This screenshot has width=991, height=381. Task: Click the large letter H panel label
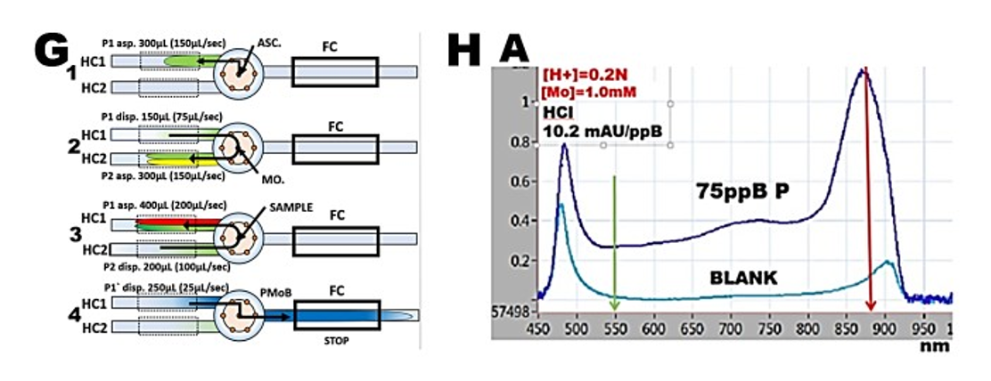click(x=465, y=52)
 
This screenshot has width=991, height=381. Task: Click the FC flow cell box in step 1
click(x=335, y=71)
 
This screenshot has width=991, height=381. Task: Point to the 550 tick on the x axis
click(x=615, y=328)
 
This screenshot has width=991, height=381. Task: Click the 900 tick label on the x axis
click(x=884, y=328)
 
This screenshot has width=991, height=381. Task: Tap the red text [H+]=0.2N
click(x=585, y=76)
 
